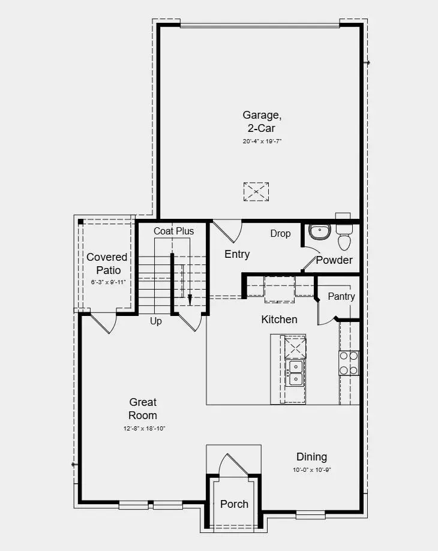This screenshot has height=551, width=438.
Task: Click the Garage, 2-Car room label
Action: (x=262, y=121)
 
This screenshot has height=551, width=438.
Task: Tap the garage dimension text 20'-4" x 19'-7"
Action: (x=262, y=141)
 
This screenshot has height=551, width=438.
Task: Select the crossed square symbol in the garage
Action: (x=256, y=192)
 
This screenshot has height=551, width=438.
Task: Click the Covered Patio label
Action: (x=107, y=263)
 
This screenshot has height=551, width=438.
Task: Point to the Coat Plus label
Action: (x=173, y=231)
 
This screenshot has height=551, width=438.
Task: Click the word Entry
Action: (x=237, y=254)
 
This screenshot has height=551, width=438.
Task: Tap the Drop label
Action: (x=280, y=233)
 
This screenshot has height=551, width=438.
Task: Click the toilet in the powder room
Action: (x=344, y=238)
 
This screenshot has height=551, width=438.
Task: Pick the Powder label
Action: (x=334, y=260)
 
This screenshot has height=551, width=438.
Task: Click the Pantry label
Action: (x=341, y=296)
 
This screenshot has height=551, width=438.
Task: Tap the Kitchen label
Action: (x=279, y=320)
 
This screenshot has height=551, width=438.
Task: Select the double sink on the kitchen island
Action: (x=296, y=372)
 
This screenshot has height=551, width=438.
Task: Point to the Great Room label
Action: (x=143, y=409)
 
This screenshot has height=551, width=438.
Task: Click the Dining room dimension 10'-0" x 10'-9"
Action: (x=311, y=470)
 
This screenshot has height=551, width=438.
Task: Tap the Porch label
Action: (x=234, y=504)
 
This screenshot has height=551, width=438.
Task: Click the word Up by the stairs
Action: (x=156, y=321)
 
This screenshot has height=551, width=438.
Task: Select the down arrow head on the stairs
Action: (x=190, y=300)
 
